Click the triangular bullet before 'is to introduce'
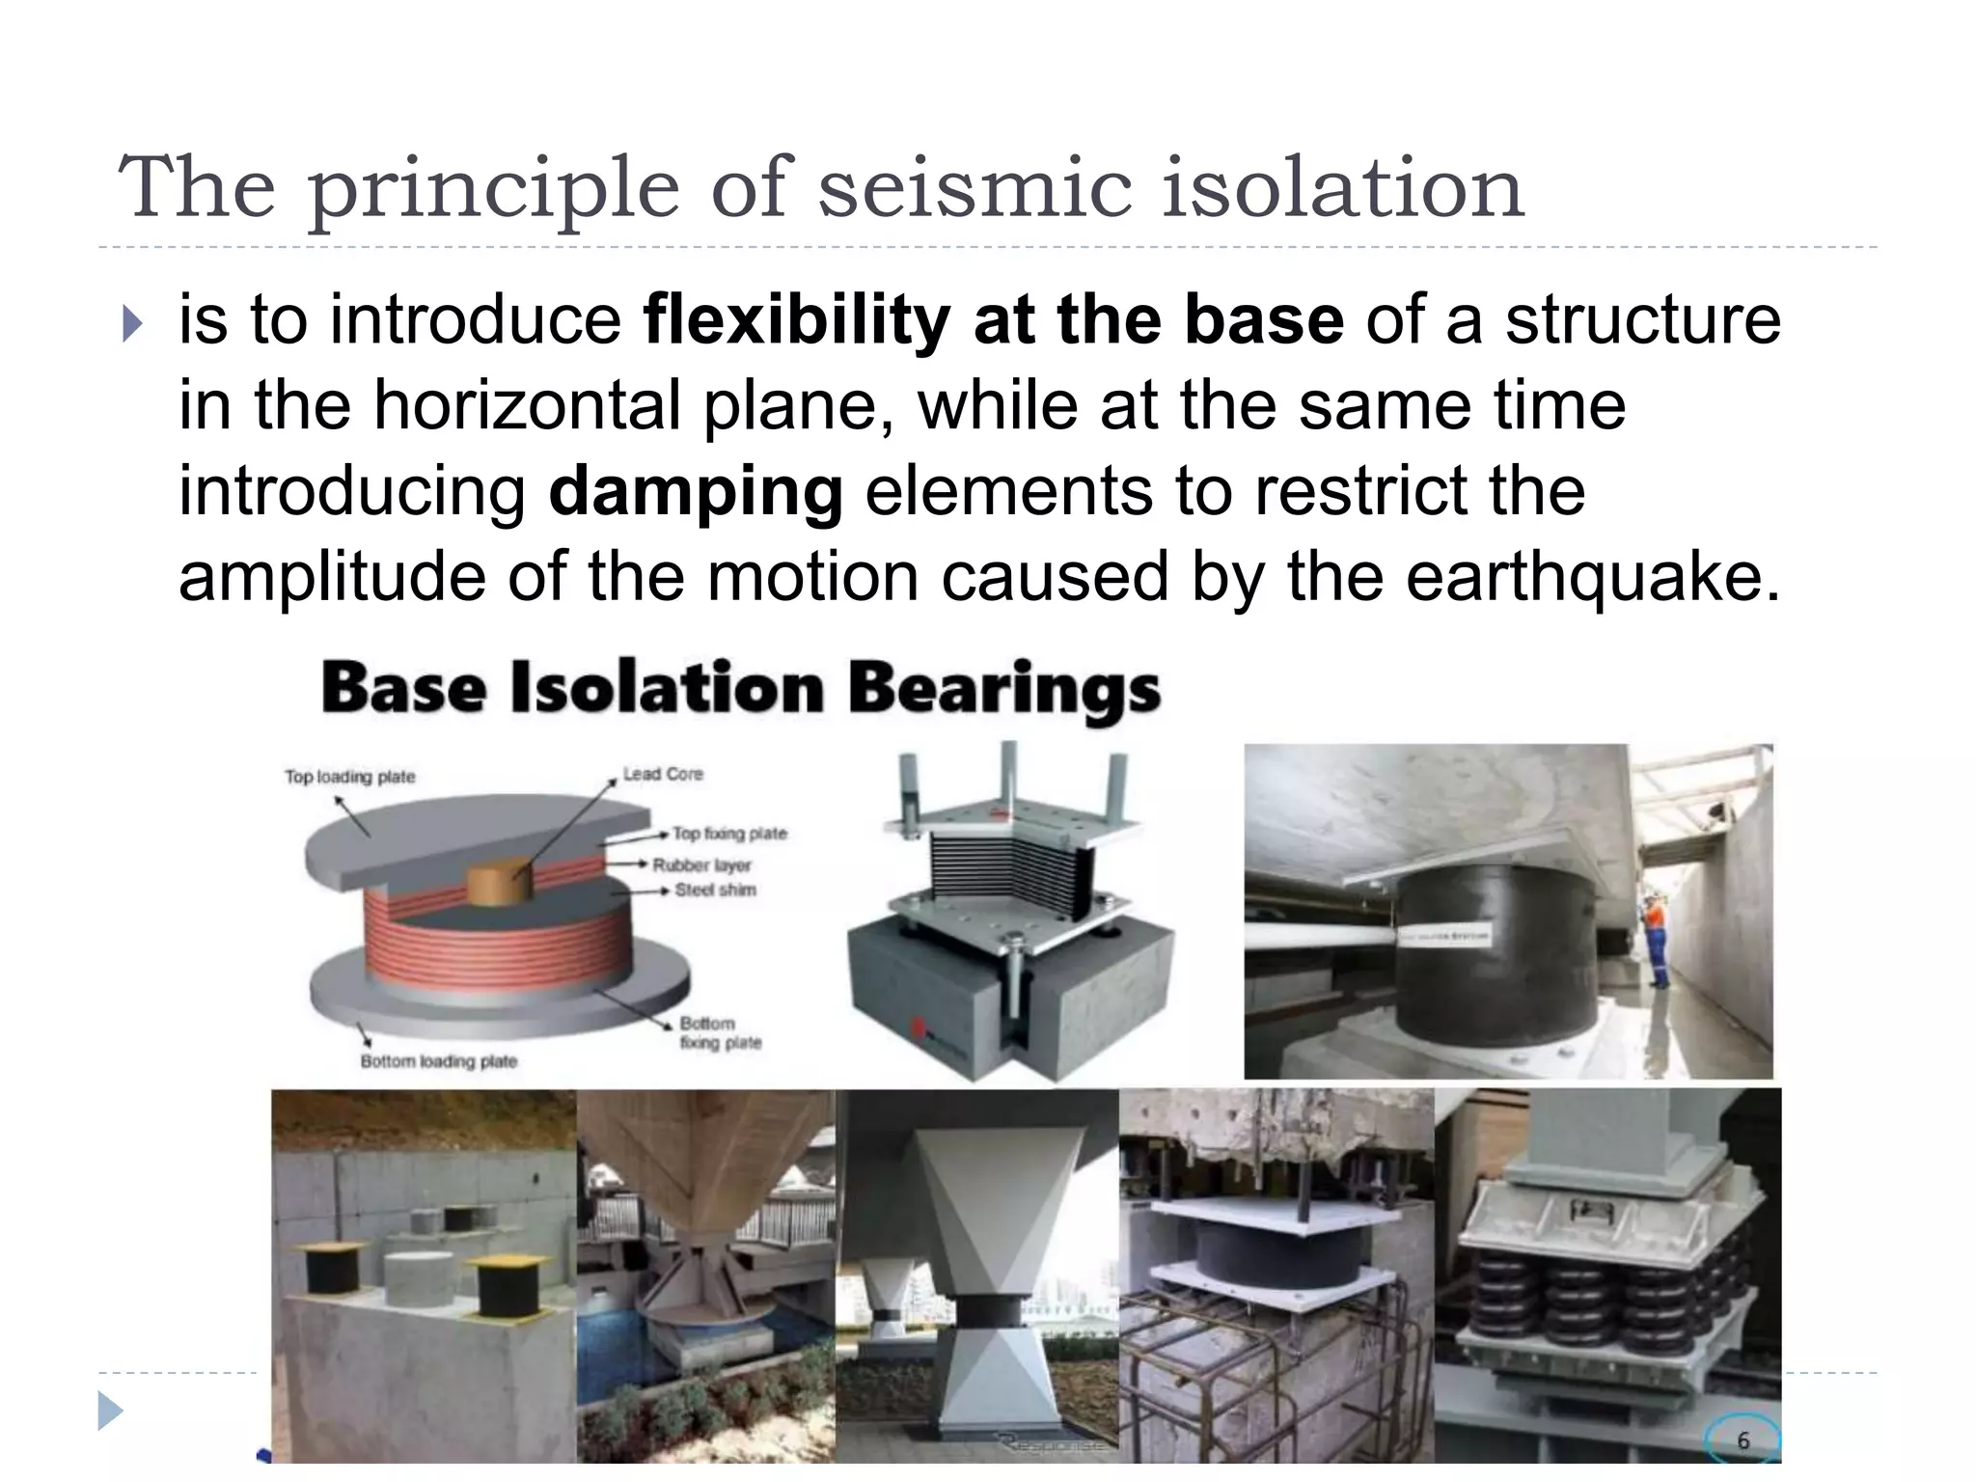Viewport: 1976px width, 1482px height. point(132,324)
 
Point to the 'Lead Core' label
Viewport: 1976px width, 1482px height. point(663,774)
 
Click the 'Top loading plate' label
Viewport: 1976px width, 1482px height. point(349,777)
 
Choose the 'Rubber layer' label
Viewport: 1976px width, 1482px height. point(701,865)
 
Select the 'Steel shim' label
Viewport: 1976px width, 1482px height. point(715,890)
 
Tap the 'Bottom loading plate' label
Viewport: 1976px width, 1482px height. point(439,1061)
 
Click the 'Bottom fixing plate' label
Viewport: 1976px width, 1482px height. point(720,1032)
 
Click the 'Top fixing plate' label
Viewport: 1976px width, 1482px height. point(729,834)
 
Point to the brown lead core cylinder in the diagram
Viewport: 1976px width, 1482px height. point(499,882)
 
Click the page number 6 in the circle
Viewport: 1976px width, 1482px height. point(1743,1441)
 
